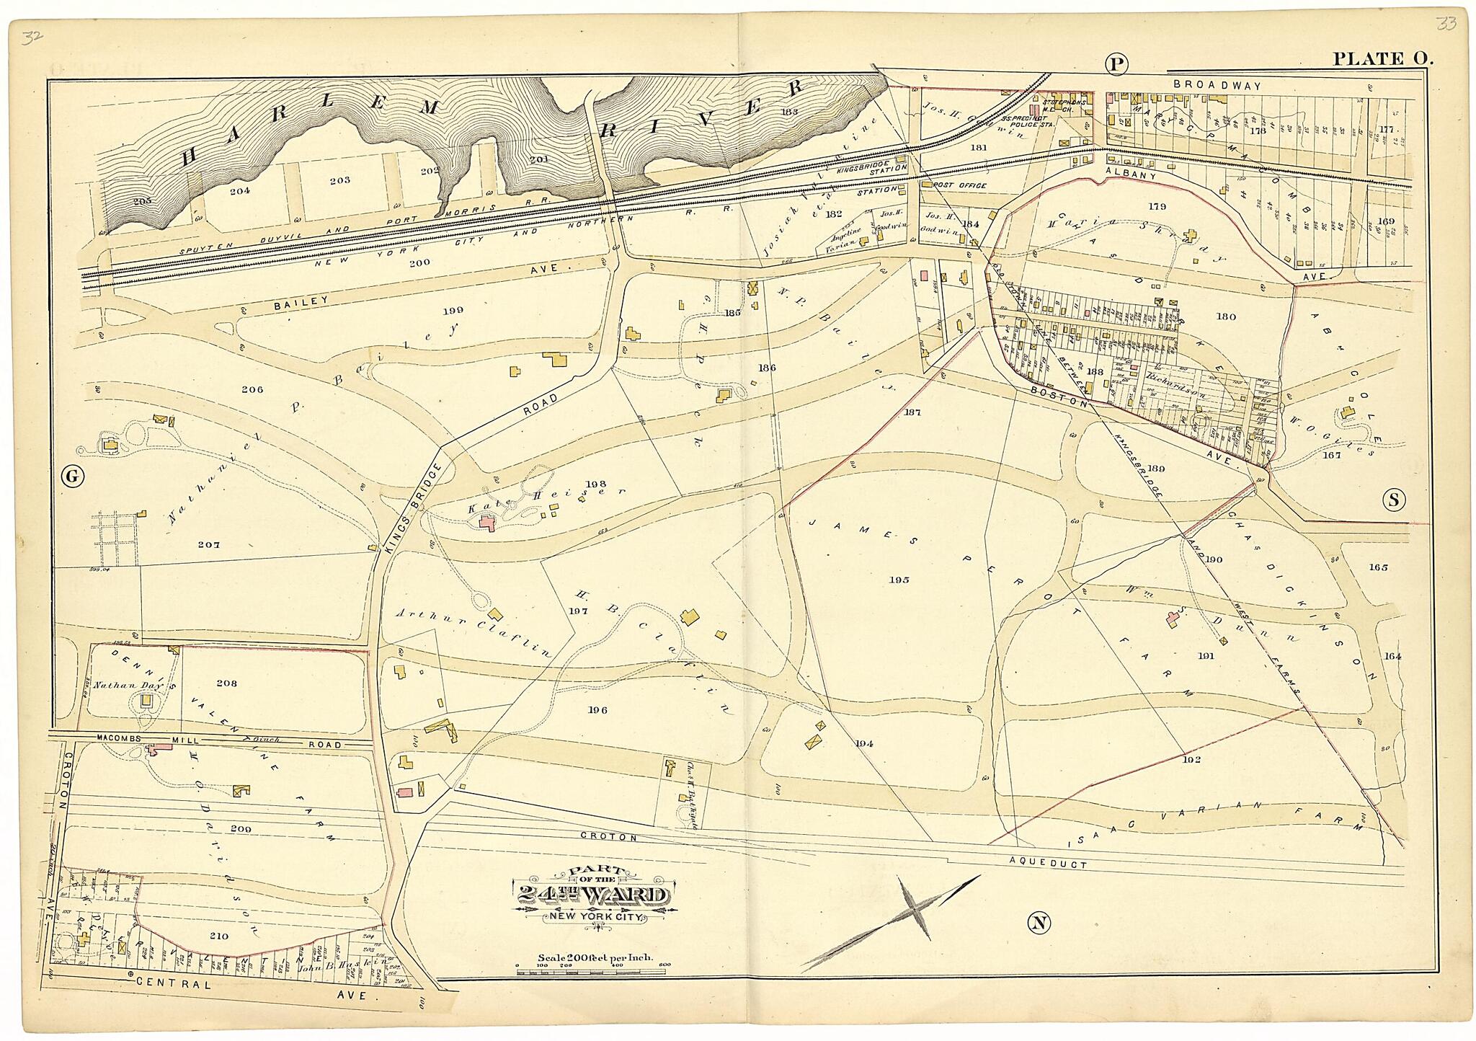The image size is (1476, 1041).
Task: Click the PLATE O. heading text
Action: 1382,59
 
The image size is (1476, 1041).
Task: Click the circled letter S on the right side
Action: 1395,499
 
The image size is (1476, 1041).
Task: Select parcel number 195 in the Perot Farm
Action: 899,580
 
